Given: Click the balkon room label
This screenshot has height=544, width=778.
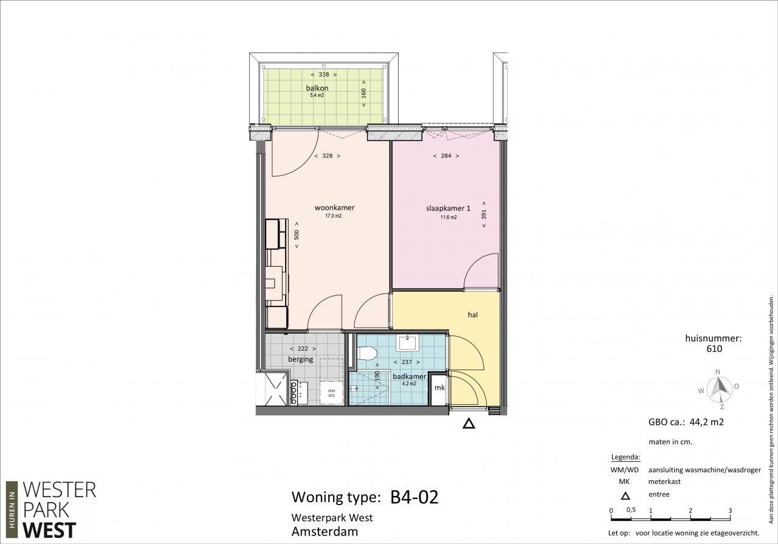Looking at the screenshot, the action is tap(317, 88).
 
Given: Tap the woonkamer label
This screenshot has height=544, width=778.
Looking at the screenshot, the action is tap(334, 208).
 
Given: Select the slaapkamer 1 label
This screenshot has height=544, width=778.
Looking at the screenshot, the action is tap(448, 208).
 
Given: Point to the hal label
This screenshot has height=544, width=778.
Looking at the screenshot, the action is tap(473, 315).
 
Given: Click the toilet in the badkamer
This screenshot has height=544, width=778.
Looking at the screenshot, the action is tap(367, 354).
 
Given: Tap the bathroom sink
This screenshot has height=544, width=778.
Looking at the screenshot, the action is tap(408, 343).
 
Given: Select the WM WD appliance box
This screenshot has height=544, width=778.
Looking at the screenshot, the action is tap(331, 393).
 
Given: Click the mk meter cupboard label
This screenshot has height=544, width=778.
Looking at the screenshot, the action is tap(439, 388).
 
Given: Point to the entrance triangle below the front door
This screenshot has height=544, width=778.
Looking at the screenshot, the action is tap(469, 424).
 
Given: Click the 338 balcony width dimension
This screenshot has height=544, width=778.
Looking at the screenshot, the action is tap(324, 74).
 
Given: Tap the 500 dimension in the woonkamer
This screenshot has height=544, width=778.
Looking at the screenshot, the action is tap(296, 235).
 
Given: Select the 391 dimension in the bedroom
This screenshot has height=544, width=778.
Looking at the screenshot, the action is tap(484, 215).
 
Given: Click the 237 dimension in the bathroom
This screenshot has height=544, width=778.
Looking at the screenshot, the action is tap(407, 362).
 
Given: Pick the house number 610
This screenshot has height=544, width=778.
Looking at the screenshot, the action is tap(714, 349).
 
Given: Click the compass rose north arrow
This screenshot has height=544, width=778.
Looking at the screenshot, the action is tap(720, 387).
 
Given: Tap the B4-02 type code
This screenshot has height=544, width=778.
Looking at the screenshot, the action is tap(415, 497).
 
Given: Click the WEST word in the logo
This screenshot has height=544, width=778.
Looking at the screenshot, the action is tap(49, 531).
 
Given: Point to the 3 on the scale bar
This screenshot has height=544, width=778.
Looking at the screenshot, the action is tap(730, 511).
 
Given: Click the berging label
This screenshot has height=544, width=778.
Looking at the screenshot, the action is tap(300, 359).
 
